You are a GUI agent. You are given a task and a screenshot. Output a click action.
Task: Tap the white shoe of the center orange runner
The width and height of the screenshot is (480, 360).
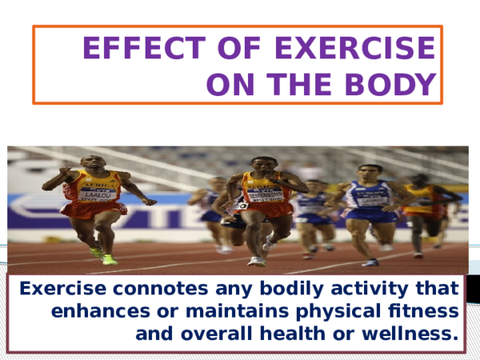pos(256,261)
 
